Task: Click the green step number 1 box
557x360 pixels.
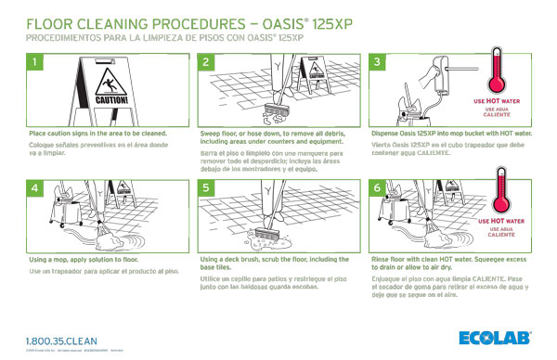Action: click(34, 63)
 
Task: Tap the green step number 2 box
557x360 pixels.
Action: click(207, 63)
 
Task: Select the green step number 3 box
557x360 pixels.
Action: click(377, 63)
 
